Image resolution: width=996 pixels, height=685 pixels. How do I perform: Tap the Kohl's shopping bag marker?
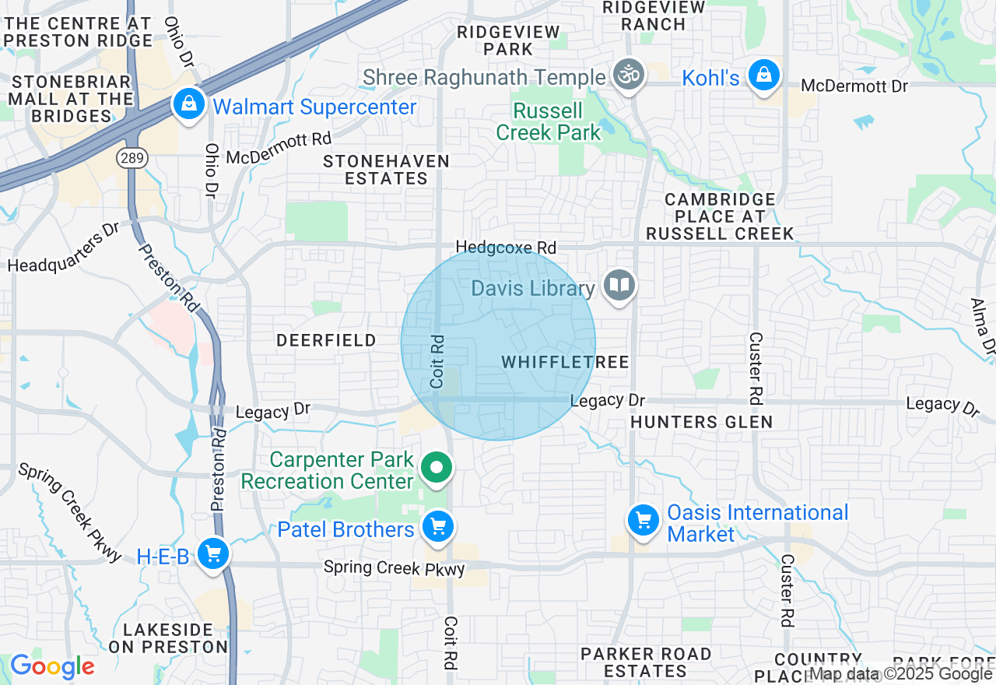(x=764, y=76)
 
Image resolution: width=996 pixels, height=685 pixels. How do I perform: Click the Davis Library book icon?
(x=619, y=286)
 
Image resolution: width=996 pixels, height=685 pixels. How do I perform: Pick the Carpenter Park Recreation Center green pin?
(x=437, y=468)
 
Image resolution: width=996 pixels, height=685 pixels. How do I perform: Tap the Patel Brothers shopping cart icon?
(x=437, y=528)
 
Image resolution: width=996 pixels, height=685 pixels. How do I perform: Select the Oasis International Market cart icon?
(x=643, y=520)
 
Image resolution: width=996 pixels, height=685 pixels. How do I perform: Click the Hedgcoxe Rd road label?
(x=506, y=248)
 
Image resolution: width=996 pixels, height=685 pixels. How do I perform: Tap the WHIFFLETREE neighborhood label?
(x=565, y=363)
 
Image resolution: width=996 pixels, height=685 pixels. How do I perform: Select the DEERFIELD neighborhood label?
(x=327, y=340)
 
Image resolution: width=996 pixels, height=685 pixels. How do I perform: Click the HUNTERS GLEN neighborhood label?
(x=701, y=422)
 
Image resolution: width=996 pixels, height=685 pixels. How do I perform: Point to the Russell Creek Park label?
(x=549, y=121)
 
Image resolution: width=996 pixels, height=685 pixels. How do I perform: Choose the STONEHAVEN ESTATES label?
(x=386, y=170)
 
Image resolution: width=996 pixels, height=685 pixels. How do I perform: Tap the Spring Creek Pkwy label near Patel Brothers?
(x=395, y=567)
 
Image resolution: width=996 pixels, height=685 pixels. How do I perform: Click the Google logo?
(x=52, y=667)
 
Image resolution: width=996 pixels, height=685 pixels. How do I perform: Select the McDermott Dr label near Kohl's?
(x=854, y=86)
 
